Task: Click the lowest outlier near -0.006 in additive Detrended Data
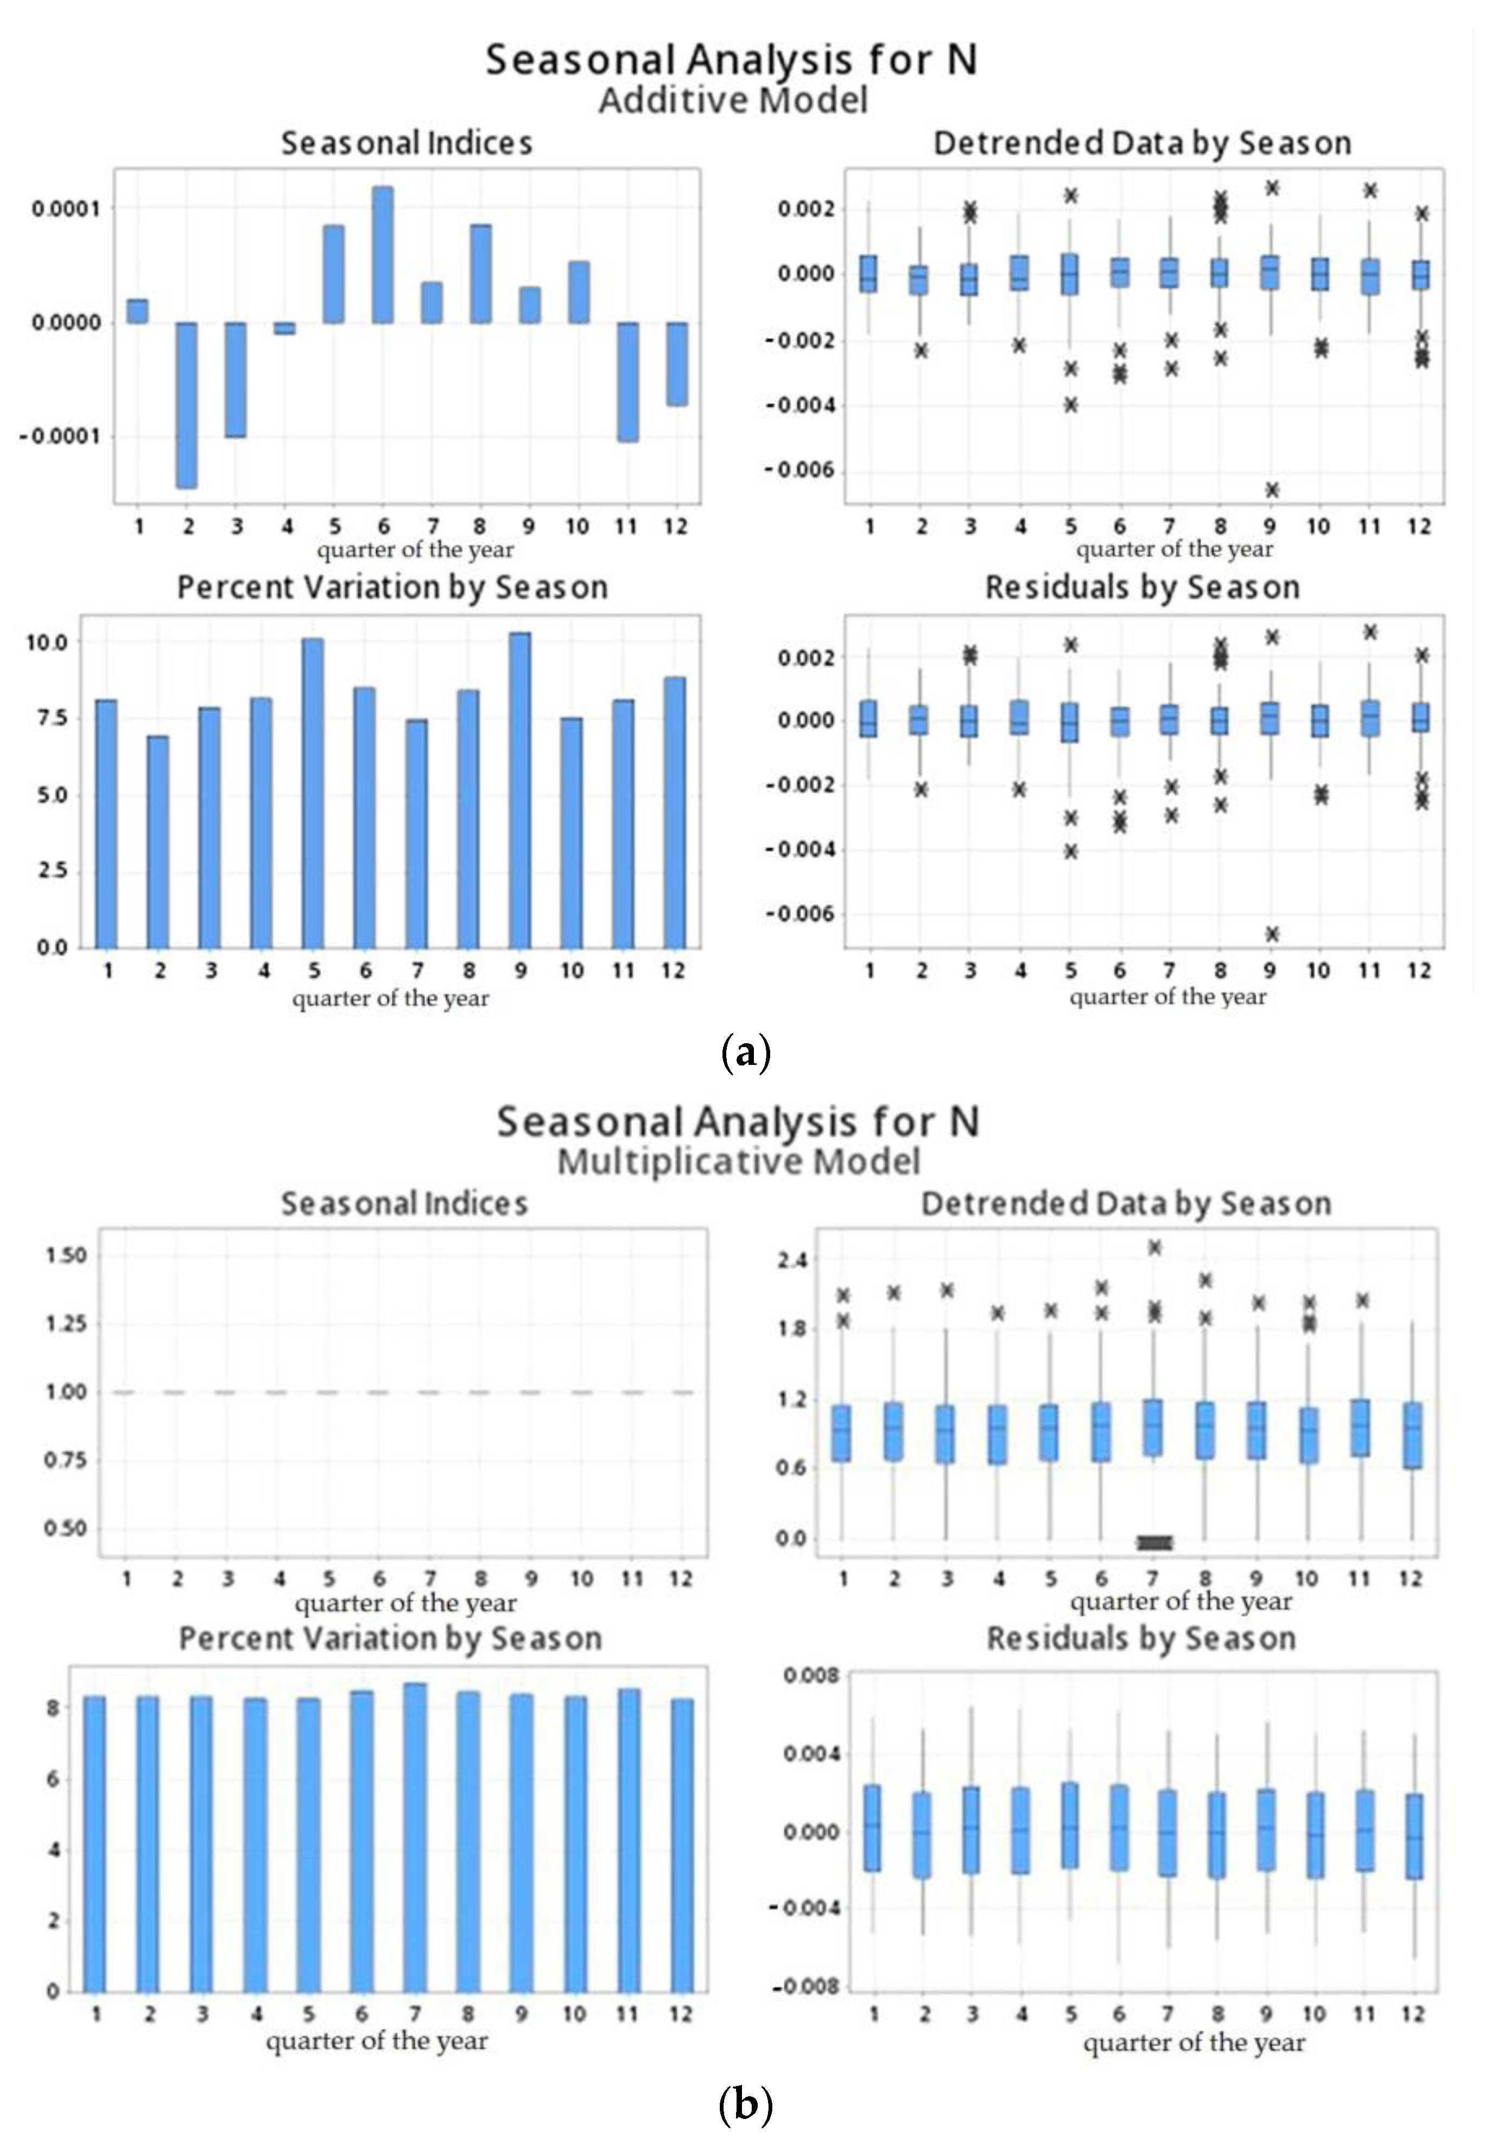[1272, 490]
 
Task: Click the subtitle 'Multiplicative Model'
[738, 1161]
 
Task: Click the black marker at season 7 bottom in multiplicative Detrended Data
[1155, 1543]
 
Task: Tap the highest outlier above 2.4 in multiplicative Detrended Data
[1155, 1247]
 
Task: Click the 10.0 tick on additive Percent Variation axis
[47, 643]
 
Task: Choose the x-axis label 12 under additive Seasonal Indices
[675, 527]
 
